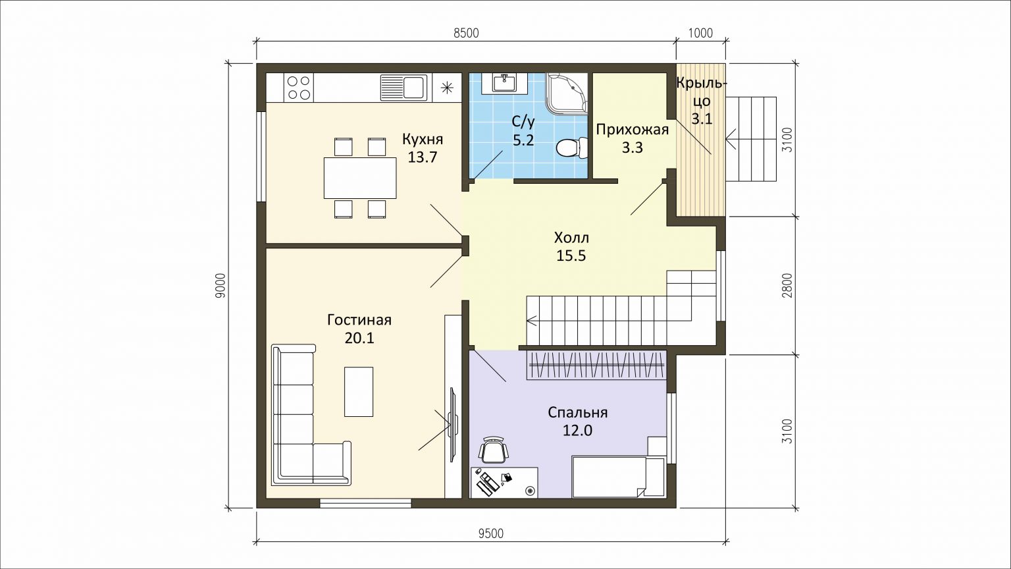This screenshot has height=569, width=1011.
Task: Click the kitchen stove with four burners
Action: tap(298, 88)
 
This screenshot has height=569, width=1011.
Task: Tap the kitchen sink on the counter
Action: tap(403, 88)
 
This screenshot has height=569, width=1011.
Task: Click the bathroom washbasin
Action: tap(504, 84)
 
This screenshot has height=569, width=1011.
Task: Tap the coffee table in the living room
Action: tap(359, 392)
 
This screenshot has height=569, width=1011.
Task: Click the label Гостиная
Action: tap(359, 320)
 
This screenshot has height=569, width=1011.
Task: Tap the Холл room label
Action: tap(571, 238)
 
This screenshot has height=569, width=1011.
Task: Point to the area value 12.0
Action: tap(577, 430)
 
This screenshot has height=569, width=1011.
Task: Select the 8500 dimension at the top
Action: tap(466, 34)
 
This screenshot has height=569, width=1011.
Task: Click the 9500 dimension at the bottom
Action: tap(490, 534)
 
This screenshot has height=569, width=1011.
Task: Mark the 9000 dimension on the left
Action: tap(220, 285)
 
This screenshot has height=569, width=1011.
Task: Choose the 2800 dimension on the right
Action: tap(788, 285)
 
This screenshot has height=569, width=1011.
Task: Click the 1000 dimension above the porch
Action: tap(701, 34)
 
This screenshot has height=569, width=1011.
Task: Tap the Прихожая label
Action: tap(632, 130)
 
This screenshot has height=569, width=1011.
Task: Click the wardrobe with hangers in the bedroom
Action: tap(597, 365)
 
